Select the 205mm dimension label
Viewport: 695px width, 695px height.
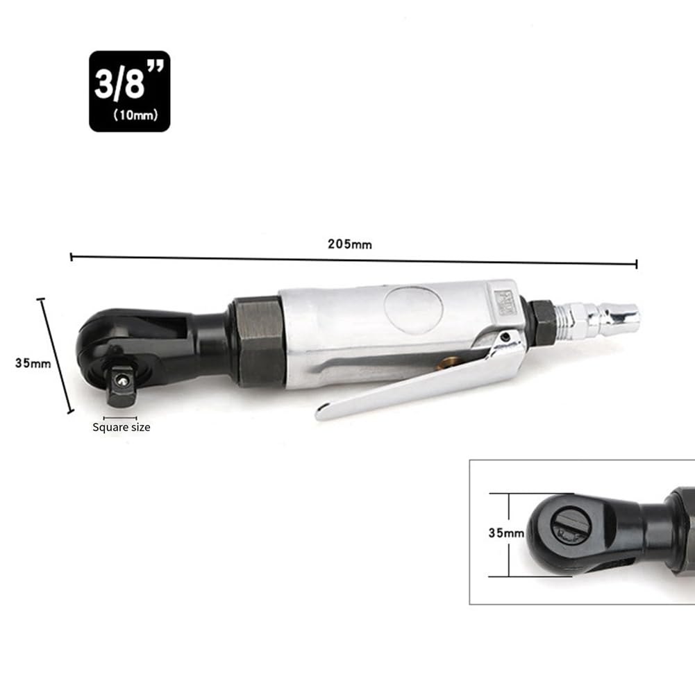click(x=350, y=244)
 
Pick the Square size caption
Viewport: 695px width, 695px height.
click(x=122, y=427)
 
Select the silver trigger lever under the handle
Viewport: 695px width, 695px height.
click(x=417, y=378)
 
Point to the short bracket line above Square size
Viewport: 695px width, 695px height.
click(x=119, y=418)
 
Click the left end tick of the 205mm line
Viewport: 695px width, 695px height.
click(x=72, y=258)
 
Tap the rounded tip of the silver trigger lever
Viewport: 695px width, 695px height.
click(x=321, y=414)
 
